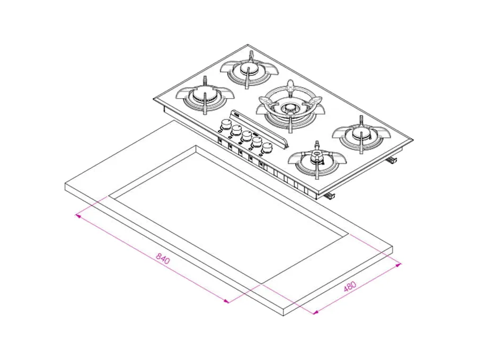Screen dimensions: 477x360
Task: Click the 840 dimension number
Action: click(x=163, y=258)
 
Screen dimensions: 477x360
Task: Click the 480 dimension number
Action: click(x=350, y=286)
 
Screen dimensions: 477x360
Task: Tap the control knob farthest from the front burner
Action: click(x=225, y=124)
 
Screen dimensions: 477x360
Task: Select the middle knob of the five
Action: click(x=246, y=135)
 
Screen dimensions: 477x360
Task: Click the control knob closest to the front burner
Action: click(x=267, y=147)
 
